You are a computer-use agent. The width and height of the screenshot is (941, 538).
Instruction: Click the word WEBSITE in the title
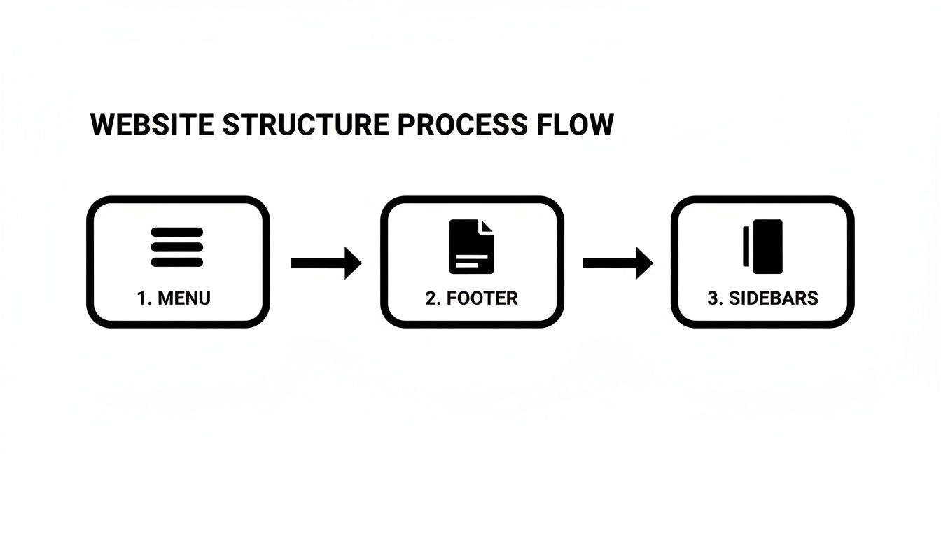[x=151, y=125]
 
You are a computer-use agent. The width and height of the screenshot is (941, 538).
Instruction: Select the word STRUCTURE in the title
[x=305, y=125]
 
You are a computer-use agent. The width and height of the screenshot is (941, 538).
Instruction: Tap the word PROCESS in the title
[x=461, y=125]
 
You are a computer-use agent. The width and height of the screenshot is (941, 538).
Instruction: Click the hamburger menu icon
[x=176, y=247]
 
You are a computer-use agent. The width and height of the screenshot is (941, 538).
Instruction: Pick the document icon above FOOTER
[x=471, y=247]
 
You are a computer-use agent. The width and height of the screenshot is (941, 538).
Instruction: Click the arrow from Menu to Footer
[x=326, y=263]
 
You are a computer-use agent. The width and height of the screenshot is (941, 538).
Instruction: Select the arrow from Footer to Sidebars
[x=618, y=263]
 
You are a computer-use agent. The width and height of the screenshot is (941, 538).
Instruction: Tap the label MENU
[x=184, y=298]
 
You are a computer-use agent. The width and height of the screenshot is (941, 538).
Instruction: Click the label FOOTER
[x=482, y=298]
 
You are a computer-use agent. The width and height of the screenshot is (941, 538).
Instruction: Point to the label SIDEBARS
[x=773, y=298]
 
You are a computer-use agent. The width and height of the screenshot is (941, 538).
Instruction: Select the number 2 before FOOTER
[x=431, y=298]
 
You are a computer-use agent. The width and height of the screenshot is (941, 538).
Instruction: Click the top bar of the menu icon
[x=176, y=232]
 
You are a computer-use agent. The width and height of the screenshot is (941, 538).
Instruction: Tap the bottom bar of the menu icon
[x=176, y=262]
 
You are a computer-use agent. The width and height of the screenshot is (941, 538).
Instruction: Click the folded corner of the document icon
[x=487, y=226]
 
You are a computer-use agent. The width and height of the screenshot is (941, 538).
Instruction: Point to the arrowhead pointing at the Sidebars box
[x=644, y=263]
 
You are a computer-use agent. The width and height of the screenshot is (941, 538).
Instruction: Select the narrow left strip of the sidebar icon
[x=746, y=247]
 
